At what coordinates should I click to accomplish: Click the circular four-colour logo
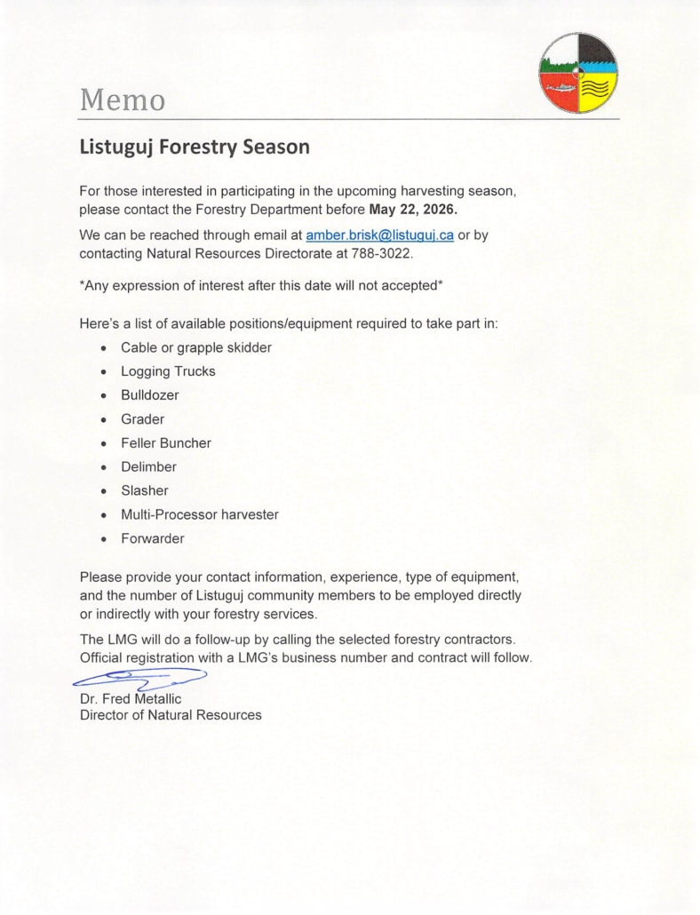tap(578, 73)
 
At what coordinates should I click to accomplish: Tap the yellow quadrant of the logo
tap(599, 92)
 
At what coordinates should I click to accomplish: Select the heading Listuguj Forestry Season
tap(195, 147)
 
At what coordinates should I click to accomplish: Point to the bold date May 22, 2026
tap(418, 210)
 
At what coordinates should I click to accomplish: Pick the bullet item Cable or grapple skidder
tap(195, 347)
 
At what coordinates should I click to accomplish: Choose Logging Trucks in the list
tap(168, 371)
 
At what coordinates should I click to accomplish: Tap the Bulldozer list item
tap(148, 395)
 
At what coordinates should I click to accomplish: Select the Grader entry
tap(142, 418)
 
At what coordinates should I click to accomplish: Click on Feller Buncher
tap(165, 442)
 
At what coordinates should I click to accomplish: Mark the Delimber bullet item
tap(148, 466)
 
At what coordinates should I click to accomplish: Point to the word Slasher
tap(144, 490)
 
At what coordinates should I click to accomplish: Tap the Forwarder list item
tap(153, 538)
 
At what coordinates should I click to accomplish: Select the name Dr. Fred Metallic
tap(131, 699)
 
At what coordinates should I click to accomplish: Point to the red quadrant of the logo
tap(559, 92)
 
